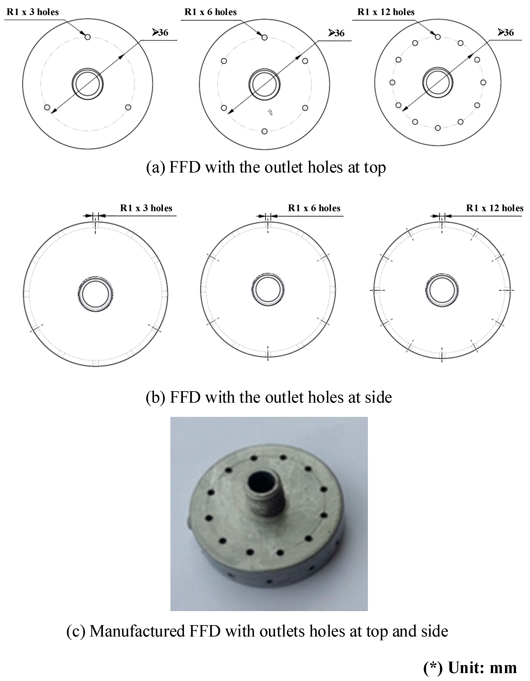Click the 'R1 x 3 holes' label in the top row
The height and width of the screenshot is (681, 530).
[x=33, y=12]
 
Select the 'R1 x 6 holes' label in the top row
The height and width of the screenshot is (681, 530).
[x=210, y=12]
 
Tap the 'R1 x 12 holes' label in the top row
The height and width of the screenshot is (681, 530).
[x=386, y=12]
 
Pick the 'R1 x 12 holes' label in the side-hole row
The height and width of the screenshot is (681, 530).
[x=495, y=208]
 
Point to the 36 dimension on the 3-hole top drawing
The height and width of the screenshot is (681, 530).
[x=160, y=32]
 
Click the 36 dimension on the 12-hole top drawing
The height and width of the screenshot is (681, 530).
[x=506, y=32]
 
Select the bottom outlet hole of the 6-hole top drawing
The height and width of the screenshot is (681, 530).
[x=264, y=131]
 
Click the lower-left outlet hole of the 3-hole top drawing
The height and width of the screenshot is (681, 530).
[x=47, y=107]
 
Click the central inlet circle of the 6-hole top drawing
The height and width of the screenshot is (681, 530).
[x=264, y=84]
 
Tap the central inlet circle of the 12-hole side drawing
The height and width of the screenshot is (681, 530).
[x=442, y=290]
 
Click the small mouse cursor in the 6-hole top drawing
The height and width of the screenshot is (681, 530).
[x=270, y=112]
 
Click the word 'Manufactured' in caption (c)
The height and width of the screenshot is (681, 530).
[x=137, y=631]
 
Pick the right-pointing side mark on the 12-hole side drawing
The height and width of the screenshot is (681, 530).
[x=506, y=290]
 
